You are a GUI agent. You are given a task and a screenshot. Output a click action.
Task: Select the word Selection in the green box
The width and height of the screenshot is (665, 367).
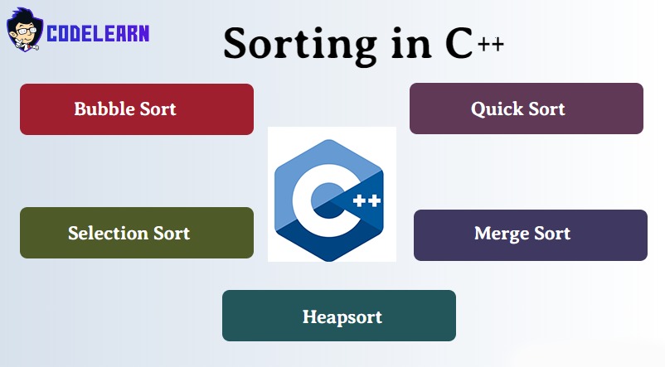[108, 233]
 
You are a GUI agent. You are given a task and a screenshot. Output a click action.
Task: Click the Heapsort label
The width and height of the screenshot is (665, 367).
[342, 317]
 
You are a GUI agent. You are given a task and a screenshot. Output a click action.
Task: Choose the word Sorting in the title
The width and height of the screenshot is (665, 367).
[300, 45]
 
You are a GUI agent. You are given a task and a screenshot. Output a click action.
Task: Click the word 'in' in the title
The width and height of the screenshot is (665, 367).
[411, 44]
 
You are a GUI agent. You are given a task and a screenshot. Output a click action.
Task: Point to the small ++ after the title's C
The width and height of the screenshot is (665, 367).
[491, 44]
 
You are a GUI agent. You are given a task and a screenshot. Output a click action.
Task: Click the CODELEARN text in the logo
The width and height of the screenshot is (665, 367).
[98, 33]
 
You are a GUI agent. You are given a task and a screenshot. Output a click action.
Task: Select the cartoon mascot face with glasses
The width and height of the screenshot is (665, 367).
[25, 30]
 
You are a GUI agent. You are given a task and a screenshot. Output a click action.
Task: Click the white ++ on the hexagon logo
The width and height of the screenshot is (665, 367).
[366, 200]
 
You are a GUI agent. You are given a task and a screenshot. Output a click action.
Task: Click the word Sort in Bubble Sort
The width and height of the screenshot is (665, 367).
[158, 109]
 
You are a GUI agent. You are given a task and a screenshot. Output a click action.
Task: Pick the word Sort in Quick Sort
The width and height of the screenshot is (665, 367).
[546, 109]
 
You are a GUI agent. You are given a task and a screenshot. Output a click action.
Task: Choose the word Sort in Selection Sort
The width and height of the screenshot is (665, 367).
[172, 233]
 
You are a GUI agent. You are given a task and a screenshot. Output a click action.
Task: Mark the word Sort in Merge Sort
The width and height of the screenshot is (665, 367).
[552, 234]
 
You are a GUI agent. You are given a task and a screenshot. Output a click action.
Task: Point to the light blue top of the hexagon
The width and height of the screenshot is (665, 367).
[328, 153]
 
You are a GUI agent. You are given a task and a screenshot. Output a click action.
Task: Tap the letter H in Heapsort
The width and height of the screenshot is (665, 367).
[308, 316]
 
